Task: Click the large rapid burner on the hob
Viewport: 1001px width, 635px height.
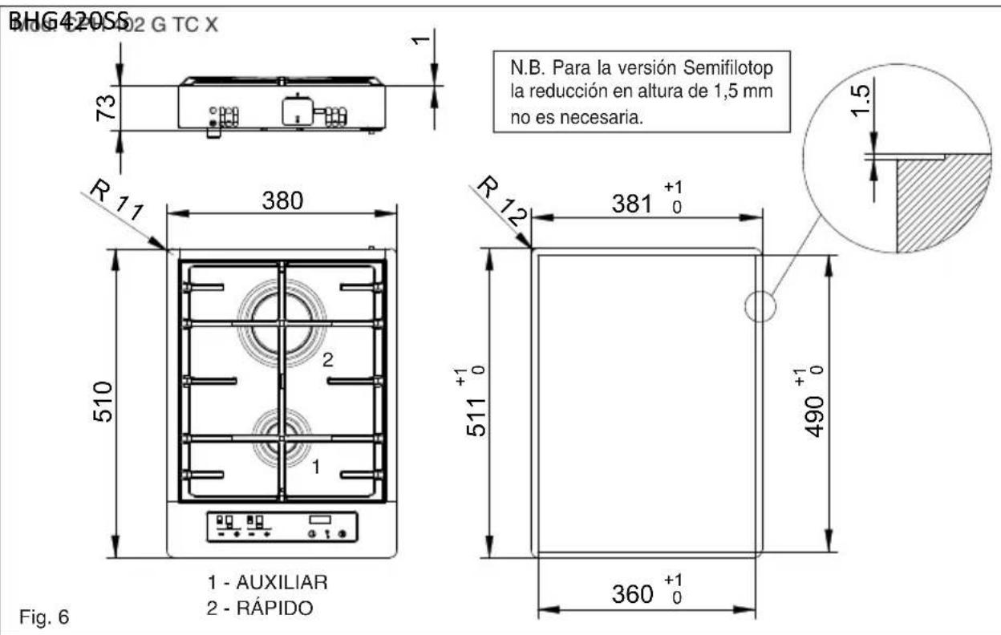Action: [280, 322]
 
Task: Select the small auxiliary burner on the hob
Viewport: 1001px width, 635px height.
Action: [281, 438]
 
